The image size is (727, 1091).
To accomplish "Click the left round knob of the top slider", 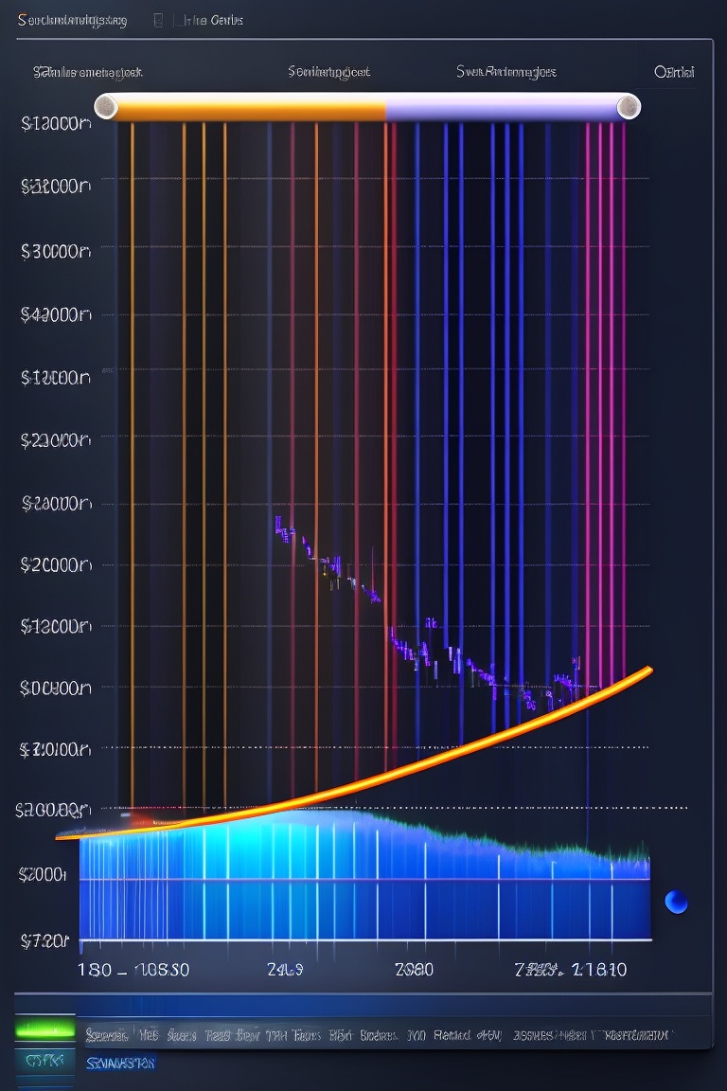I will pos(105,107).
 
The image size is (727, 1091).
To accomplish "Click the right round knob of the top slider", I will pos(629,107).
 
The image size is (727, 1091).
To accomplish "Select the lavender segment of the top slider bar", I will pos(502,107).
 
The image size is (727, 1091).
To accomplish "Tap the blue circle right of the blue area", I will pos(676,902).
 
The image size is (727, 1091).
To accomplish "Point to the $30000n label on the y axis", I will pos(55,251).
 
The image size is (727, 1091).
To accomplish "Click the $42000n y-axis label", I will pos(55,314).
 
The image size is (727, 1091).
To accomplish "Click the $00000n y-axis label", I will pos(55,688).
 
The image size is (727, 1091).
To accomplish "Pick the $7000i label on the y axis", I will pos(44,873).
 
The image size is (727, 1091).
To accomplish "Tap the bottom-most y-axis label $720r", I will pos(44,940).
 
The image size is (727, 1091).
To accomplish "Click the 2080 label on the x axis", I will pos(414,970).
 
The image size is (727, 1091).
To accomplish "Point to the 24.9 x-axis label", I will pos(285,970).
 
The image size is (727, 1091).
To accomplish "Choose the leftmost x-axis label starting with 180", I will pos(95,970).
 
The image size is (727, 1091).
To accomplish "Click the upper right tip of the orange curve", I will pos(649,670).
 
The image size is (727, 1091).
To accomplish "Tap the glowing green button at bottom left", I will pos(44,1028).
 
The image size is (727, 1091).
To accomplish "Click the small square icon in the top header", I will pos(158,19).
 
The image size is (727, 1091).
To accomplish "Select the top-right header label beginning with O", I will pos(674,72).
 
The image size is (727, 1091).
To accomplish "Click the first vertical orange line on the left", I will pos(132,455).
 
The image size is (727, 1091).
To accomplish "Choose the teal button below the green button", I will pos(44,1061).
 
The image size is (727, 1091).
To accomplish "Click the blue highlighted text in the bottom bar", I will pos(120,1064).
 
